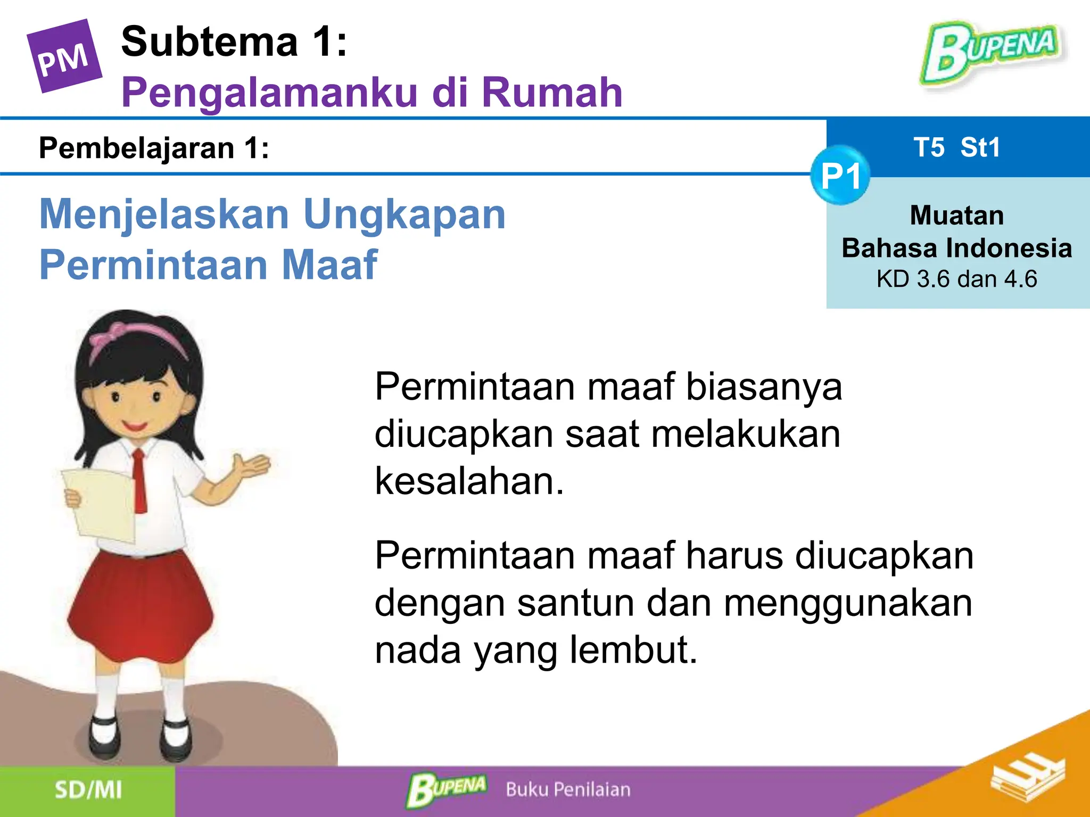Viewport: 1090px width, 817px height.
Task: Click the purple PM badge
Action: point(64,56)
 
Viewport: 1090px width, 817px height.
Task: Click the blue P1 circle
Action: point(840,176)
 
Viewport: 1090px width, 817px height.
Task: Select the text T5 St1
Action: point(957,147)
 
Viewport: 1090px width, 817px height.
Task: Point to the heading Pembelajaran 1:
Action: point(154,148)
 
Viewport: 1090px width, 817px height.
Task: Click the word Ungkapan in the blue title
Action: point(404,214)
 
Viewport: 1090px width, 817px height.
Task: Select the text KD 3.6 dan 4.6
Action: point(956,279)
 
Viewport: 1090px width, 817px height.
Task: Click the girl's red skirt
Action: point(141,606)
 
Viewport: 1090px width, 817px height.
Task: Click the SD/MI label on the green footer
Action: point(88,790)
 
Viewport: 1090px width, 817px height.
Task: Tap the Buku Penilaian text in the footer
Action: point(568,790)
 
